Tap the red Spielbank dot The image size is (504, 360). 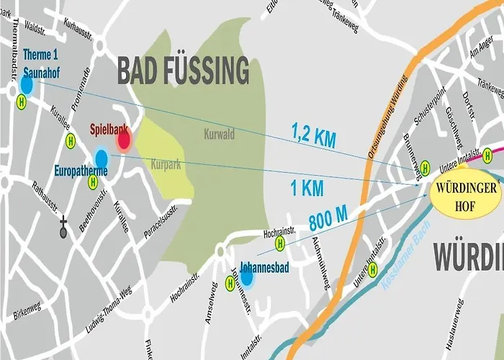tap(123, 140)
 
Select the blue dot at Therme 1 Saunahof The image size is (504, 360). tap(27, 84)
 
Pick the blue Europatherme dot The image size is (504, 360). tap(102, 158)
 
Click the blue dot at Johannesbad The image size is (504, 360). tap(246, 276)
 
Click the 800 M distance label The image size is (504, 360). tap(329, 219)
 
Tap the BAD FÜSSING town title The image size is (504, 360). tap(183, 71)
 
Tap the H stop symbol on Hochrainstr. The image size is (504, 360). tap(280, 243)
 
